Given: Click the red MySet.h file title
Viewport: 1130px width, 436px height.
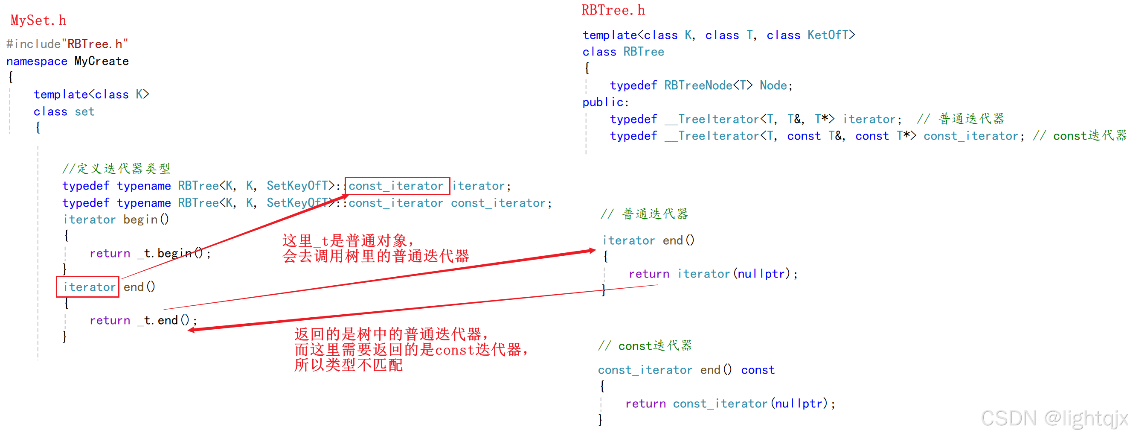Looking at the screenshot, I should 38,20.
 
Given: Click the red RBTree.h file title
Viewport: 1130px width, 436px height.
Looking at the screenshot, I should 613,10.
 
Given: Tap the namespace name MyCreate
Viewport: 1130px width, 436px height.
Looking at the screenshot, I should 102,61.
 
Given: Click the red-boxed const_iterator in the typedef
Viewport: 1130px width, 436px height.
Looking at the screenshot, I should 397,186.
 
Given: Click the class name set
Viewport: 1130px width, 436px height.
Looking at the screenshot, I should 84,111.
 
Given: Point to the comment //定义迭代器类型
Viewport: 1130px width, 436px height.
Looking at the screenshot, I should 116,168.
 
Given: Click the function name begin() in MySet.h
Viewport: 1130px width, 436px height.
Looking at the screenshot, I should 145,219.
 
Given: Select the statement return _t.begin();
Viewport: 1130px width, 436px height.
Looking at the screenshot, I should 150,253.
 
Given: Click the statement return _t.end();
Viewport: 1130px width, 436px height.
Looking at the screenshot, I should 143,321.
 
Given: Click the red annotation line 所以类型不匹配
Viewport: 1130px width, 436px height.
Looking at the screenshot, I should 349,365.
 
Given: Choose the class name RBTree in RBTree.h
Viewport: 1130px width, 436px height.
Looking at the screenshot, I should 643,52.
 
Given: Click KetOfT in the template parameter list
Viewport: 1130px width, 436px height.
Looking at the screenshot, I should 827,35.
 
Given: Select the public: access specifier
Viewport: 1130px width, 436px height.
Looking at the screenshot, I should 605,102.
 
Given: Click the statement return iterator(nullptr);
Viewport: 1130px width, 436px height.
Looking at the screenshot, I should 713,274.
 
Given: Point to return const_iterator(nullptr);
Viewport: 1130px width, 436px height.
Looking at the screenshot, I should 730,404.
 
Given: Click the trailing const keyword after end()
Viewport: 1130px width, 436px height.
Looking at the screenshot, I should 758,370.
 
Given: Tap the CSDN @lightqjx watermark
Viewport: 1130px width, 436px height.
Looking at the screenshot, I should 1054,418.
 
